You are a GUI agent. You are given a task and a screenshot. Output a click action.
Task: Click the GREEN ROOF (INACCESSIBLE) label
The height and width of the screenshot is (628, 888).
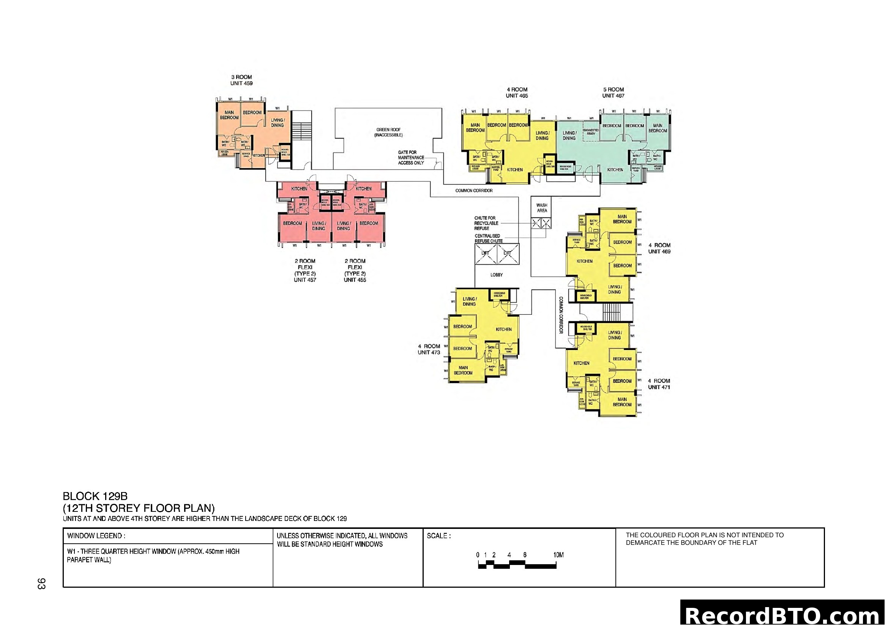coord(388,132)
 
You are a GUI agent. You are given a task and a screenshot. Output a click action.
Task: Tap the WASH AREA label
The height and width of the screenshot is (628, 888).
coord(542,208)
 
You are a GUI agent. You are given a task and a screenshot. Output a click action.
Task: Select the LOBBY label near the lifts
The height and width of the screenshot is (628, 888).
coord(497,275)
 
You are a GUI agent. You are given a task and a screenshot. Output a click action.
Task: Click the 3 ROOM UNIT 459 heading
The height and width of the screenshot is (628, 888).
coord(241,80)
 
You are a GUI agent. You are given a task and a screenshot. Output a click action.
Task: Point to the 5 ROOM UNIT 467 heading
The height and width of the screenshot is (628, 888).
coord(613,92)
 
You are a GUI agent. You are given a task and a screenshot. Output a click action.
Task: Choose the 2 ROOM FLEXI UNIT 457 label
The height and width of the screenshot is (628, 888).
coord(305,270)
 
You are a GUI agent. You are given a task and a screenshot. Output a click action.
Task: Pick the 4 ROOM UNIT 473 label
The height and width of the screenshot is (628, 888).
coord(429,349)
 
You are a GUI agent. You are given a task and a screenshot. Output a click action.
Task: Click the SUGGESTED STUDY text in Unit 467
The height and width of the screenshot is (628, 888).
coord(591,132)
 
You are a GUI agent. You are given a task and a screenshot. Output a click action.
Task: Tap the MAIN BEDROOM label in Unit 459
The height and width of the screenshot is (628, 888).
coord(229,115)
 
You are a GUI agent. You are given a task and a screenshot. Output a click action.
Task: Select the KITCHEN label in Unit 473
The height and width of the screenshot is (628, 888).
coord(503,330)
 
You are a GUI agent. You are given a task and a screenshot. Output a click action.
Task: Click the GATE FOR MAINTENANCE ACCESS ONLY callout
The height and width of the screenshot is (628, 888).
coord(411,158)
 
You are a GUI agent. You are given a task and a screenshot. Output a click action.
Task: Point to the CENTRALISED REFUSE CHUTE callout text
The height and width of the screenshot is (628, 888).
coord(489,238)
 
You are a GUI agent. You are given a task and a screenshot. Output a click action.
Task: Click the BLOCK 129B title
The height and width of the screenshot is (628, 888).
coord(95,497)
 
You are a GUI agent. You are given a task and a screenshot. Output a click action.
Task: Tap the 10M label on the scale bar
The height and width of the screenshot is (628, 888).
coord(558,555)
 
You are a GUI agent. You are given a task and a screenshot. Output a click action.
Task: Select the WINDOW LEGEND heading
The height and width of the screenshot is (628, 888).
coord(96,536)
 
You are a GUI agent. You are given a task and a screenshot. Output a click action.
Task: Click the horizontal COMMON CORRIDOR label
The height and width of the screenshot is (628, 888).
coord(474,191)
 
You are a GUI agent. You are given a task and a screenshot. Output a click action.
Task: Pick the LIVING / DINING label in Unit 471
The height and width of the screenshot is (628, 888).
coord(614,335)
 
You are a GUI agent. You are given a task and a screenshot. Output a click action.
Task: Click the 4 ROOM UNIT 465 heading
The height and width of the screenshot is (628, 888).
coord(517,92)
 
